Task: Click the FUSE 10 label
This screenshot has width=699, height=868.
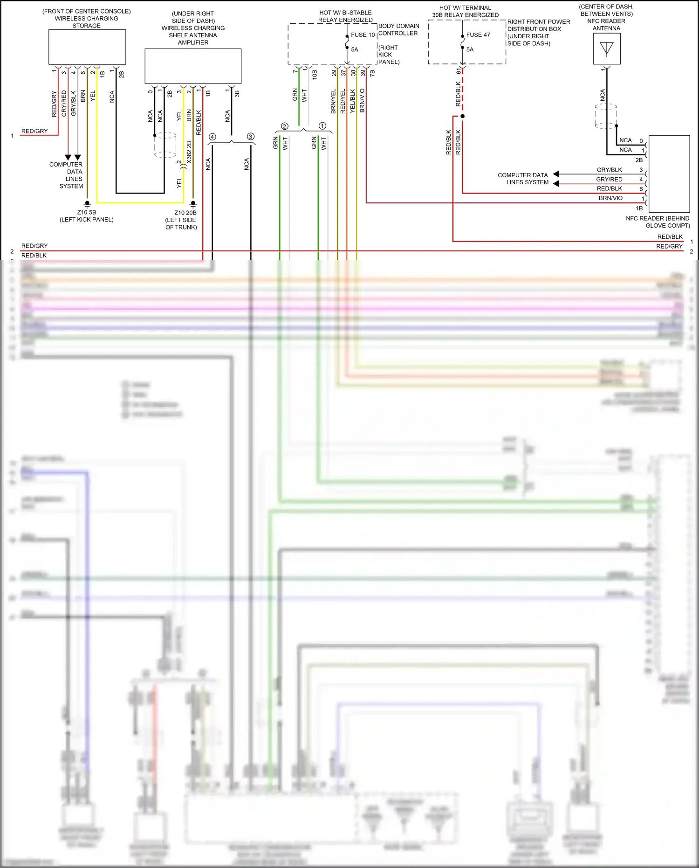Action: click(363, 35)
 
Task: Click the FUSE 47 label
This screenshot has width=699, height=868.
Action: click(478, 35)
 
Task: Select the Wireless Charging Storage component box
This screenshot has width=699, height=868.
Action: click(87, 47)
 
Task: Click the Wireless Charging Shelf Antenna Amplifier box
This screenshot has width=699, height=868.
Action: click(193, 66)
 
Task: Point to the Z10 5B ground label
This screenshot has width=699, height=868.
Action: click(87, 212)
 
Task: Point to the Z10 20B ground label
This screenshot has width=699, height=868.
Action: click(185, 213)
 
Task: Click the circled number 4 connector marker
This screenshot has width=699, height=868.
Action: click(212, 137)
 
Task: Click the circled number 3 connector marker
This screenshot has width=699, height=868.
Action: click(251, 137)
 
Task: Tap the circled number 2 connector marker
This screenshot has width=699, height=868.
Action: click(285, 126)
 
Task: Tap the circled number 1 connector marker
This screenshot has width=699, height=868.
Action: click(322, 126)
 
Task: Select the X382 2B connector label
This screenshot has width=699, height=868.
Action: click(189, 152)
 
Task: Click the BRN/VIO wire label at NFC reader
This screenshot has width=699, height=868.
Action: click(610, 198)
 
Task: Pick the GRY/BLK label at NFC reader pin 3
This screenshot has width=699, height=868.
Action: click(609, 170)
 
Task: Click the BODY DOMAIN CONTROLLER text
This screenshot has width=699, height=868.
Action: click(398, 29)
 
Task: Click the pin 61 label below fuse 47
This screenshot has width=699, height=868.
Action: click(459, 71)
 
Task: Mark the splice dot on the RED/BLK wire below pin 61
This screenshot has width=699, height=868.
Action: click(462, 116)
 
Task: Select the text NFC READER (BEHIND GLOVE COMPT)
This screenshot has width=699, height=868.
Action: click(658, 222)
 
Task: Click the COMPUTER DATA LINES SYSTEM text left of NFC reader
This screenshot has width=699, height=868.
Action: click(523, 179)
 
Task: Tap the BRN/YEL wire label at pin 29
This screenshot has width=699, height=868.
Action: click(333, 101)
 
